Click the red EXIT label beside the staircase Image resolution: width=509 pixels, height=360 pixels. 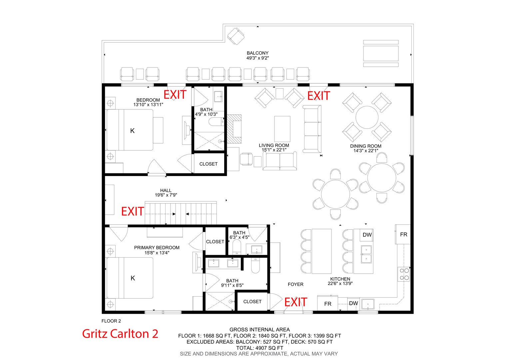[x=133, y=211]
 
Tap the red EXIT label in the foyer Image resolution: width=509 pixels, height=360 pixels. [x=295, y=302]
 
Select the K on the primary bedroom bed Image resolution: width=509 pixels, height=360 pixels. [x=133, y=278]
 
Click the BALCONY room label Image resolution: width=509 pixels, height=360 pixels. [x=257, y=53]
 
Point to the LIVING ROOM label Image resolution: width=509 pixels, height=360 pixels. [x=274, y=145]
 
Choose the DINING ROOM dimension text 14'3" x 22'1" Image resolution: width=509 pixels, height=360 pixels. [x=366, y=151]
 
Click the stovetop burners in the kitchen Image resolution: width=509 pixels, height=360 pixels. [x=404, y=274]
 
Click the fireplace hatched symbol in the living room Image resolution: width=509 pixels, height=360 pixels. [x=234, y=129]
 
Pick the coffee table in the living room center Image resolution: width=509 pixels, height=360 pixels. [x=282, y=129]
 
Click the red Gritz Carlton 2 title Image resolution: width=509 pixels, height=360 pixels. [x=120, y=334]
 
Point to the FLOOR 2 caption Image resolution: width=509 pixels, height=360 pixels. [x=111, y=321]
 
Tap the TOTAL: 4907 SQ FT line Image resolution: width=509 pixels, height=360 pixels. [x=259, y=348]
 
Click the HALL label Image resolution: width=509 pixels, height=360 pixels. [x=166, y=190]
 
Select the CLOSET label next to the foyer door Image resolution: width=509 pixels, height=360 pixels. [x=252, y=302]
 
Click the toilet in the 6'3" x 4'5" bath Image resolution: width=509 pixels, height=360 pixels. [x=237, y=247]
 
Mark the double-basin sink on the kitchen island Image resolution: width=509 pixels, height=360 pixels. [x=366, y=254]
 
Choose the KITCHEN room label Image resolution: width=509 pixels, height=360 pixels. [x=340, y=279]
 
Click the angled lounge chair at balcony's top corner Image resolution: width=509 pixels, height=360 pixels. [x=236, y=36]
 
